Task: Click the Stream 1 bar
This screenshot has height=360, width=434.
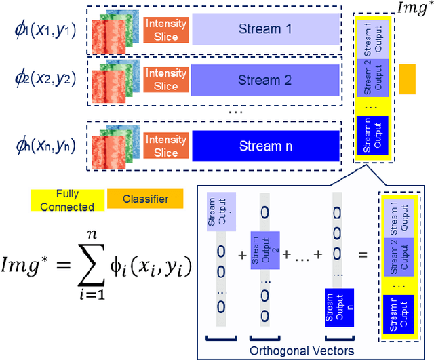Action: coord(264,30)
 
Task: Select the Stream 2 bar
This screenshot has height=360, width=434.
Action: coord(264,80)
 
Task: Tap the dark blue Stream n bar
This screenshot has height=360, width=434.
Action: coord(264,146)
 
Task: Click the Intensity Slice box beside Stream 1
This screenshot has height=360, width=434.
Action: coord(165,30)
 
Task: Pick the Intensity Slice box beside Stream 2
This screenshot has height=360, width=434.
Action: coord(165,80)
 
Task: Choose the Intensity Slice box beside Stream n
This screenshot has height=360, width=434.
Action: coord(165,146)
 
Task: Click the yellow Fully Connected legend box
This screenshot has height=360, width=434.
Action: coord(67,200)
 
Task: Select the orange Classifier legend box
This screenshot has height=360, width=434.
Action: coord(145,199)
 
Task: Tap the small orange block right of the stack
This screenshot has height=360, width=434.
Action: coord(406,79)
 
